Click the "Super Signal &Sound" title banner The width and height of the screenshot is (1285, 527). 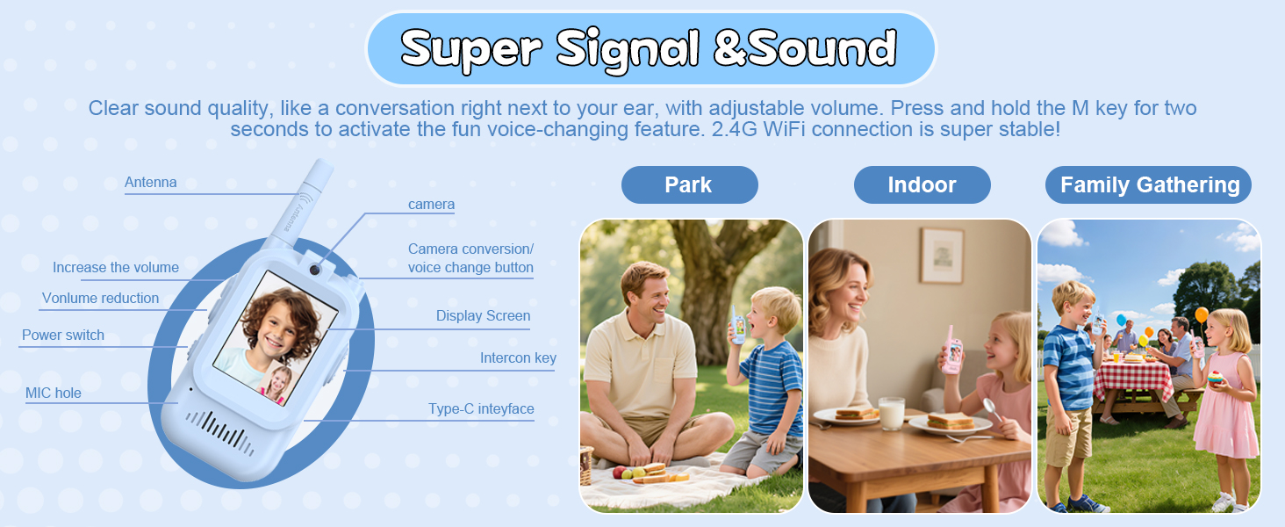pos(650,49)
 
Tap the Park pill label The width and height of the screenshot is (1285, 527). pos(690,184)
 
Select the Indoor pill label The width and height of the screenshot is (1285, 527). pos(922,184)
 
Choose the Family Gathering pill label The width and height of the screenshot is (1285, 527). pos(1148,184)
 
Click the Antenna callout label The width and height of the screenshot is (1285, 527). pos(151,182)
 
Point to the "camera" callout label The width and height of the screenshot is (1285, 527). pos(431,204)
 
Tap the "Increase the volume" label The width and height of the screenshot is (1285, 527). pos(116,267)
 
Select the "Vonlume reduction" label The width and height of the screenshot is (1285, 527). pos(100,298)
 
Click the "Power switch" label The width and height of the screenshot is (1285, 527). pos(63,335)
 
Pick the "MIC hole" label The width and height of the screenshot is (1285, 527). pos(54,393)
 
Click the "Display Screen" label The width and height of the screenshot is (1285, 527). pos(483,315)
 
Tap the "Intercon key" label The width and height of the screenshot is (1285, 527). pos(518,357)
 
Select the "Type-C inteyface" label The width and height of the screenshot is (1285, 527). pos(481,408)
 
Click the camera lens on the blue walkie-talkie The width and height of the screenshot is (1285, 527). pos(315,270)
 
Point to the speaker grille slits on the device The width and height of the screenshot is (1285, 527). pos(219,432)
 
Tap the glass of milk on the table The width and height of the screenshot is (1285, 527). pos(892,413)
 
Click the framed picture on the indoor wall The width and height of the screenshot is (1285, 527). pos(942,255)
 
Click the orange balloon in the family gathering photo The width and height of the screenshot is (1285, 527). pos(1202,314)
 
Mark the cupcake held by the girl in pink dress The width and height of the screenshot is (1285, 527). pos(1215,379)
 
